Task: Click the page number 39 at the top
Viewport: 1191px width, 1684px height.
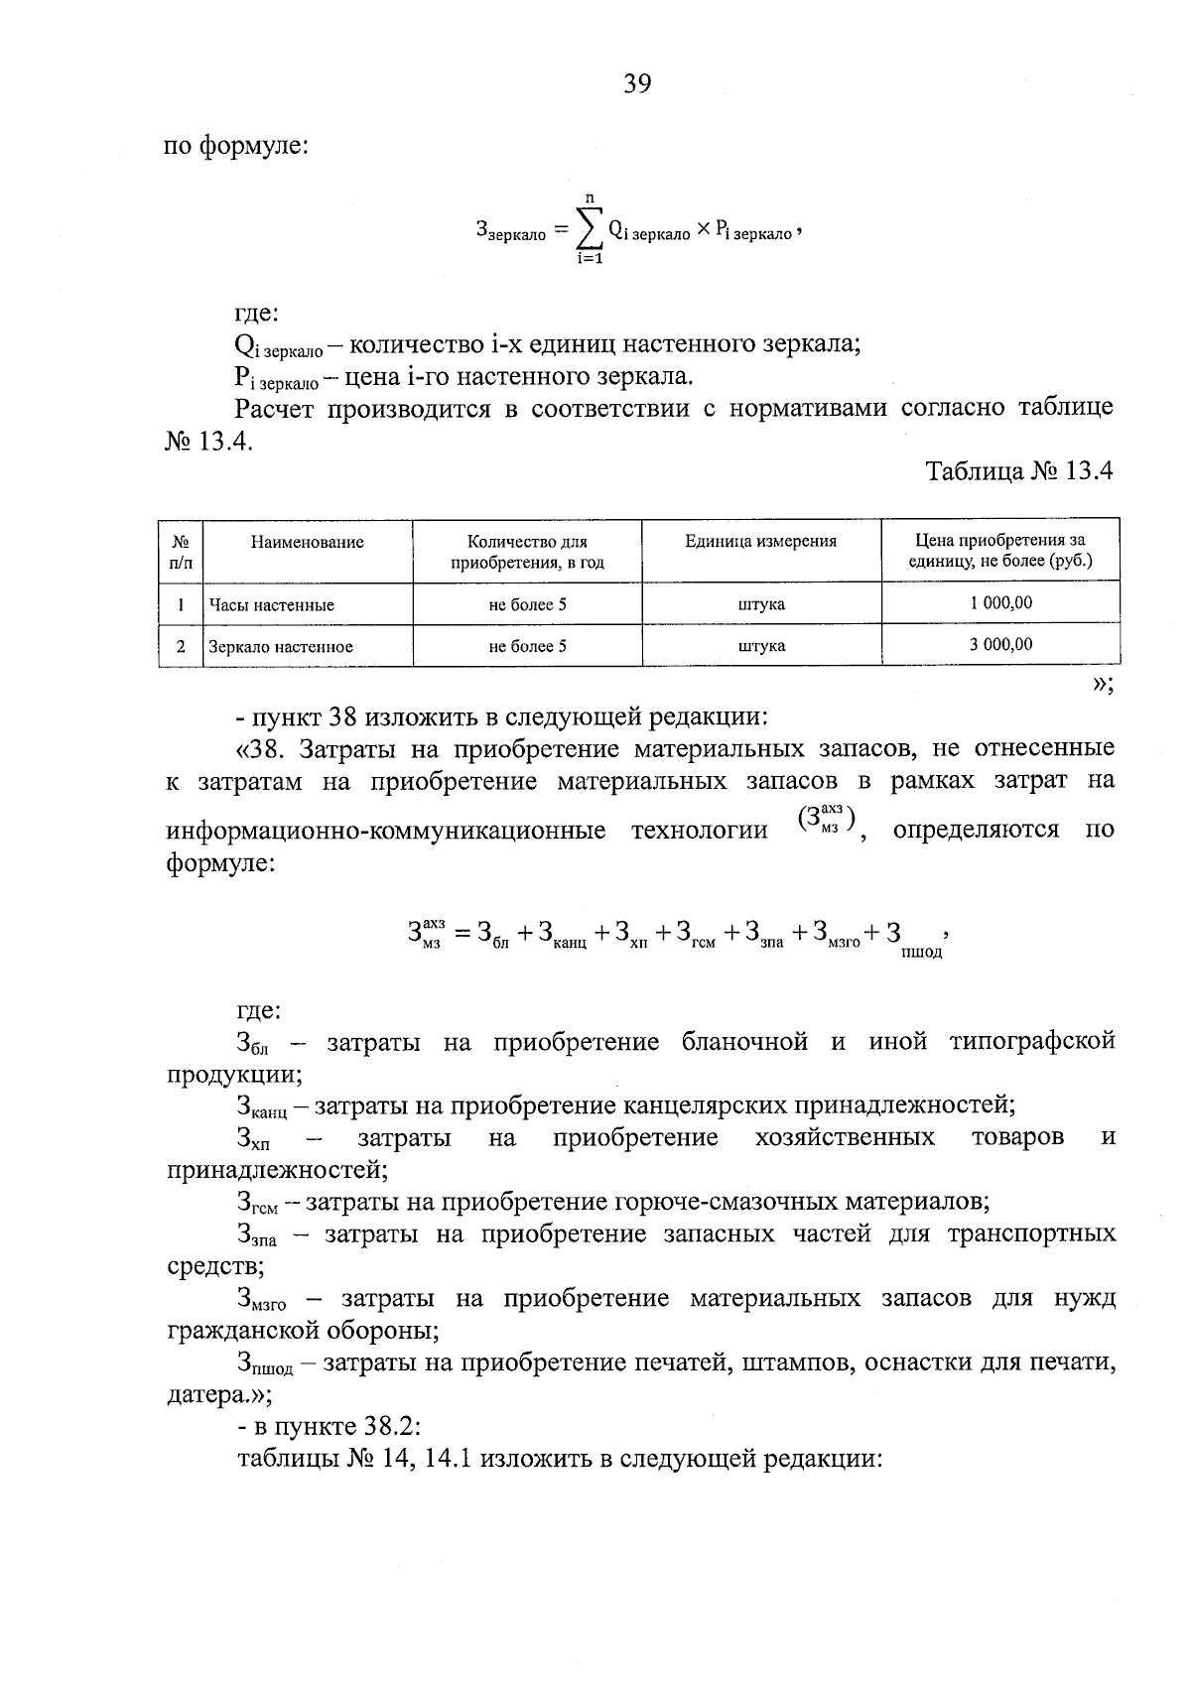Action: coord(637,84)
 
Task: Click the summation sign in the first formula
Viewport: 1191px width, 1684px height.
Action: coord(590,229)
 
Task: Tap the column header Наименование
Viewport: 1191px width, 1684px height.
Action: coord(307,542)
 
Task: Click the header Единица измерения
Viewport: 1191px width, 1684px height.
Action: coord(760,541)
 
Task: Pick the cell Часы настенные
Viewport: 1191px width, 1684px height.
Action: coord(271,604)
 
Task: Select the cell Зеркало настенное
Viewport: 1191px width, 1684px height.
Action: coord(280,646)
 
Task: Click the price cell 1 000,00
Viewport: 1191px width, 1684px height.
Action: coord(1000,602)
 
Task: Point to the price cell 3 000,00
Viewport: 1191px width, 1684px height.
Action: coord(1000,644)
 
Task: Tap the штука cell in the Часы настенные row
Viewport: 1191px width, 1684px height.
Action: coord(761,604)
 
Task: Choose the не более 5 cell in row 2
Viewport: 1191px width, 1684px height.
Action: coord(527,646)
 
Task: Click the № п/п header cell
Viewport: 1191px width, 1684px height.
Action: coord(181,552)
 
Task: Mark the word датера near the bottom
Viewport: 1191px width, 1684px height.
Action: coord(203,1395)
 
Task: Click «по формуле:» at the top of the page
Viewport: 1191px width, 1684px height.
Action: coord(237,147)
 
